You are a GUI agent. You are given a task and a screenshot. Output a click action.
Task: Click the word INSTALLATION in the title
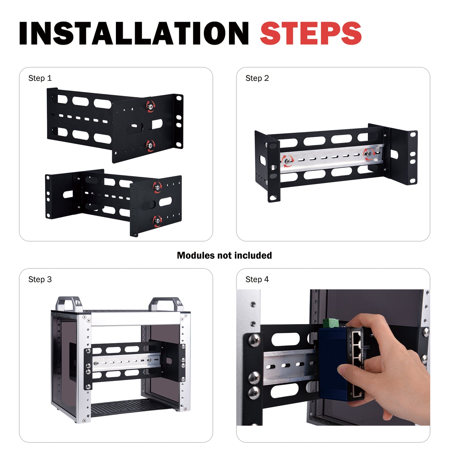(134, 34)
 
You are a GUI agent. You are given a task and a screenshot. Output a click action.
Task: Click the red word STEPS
(311, 34)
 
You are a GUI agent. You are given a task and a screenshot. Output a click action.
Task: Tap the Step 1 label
(40, 78)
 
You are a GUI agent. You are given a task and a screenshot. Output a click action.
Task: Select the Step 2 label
(257, 78)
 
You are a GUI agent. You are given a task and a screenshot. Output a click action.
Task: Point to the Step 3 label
(40, 280)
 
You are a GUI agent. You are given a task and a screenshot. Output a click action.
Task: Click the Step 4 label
(257, 280)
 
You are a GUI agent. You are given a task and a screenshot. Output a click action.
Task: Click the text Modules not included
(224, 255)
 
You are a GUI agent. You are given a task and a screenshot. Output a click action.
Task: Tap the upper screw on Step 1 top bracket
(151, 106)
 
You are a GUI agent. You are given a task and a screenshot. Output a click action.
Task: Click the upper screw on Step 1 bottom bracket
(157, 187)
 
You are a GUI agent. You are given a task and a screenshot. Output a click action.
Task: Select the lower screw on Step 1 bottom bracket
(157, 221)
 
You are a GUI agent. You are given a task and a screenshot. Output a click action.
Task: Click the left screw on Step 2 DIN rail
(287, 161)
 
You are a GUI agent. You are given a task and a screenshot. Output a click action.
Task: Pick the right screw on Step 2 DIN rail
(369, 153)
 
